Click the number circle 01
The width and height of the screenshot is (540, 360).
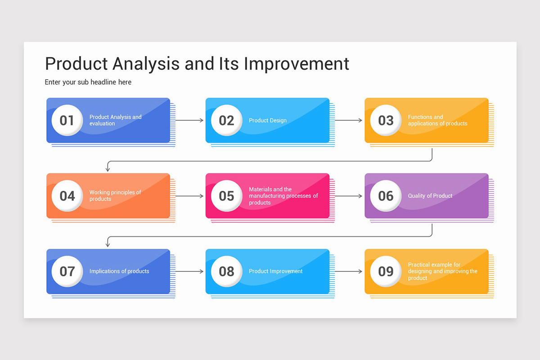pos(67,120)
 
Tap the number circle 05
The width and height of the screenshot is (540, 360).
pos(226,196)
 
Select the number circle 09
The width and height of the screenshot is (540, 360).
pos(386,271)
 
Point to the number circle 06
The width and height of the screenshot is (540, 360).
pos(386,196)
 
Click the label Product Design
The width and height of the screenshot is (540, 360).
pos(267,121)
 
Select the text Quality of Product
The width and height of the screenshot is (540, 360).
pos(430,196)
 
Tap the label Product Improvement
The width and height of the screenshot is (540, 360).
pos(275,271)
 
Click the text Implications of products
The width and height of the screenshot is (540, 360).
pos(119,271)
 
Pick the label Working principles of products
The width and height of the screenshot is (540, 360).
pos(115,196)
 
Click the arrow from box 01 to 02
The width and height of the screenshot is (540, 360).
pos(189,121)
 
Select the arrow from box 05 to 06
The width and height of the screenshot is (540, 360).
pos(348,196)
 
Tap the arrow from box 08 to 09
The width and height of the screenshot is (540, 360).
pos(348,271)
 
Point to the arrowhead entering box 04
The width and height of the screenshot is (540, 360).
pos(108,169)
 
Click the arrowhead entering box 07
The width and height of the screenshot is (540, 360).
pos(108,244)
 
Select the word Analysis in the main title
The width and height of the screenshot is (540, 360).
pos(146,64)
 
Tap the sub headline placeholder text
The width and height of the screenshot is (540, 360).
pos(88,82)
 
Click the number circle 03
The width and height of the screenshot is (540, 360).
pos(386,120)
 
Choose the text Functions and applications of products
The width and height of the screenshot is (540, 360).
pos(437,120)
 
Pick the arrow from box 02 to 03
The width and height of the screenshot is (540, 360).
pos(348,121)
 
